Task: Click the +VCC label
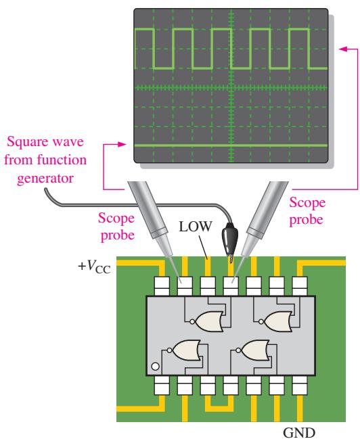(95, 267)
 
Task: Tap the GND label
(299, 432)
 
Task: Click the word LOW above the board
(196, 227)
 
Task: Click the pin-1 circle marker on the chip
(155, 367)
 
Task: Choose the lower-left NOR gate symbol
(184, 350)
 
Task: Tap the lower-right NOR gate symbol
(253, 350)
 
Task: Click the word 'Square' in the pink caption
(28, 142)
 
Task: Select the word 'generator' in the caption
(45, 179)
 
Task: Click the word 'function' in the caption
(62, 160)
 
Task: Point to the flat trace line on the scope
(231, 145)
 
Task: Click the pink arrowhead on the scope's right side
(343, 49)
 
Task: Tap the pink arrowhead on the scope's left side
(122, 144)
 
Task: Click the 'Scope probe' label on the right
(307, 211)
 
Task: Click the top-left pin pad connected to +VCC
(162, 286)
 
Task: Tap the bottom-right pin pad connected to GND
(300, 386)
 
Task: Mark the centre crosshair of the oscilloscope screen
(231, 88)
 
